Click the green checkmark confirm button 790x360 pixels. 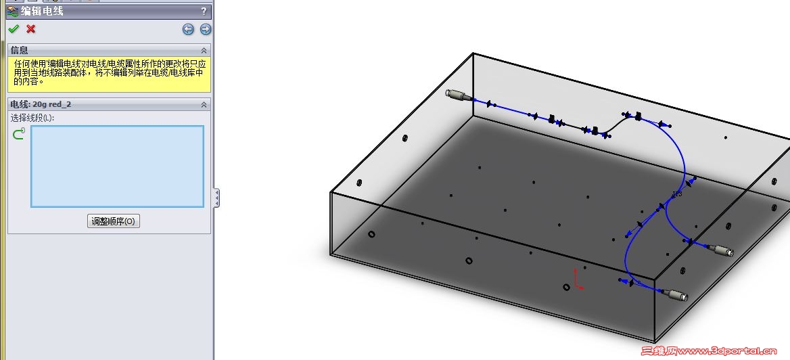(14, 28)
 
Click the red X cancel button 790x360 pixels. (30, 28)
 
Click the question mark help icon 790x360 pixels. (204, 11)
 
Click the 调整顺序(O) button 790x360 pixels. (114, 221)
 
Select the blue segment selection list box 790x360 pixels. (118, 166)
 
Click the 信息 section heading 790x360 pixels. (19, 50)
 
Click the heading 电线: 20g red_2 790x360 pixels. (41, 104)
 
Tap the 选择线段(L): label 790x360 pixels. (32, 118)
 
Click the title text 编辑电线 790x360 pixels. (42, 11)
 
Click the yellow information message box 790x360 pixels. (110, 74)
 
